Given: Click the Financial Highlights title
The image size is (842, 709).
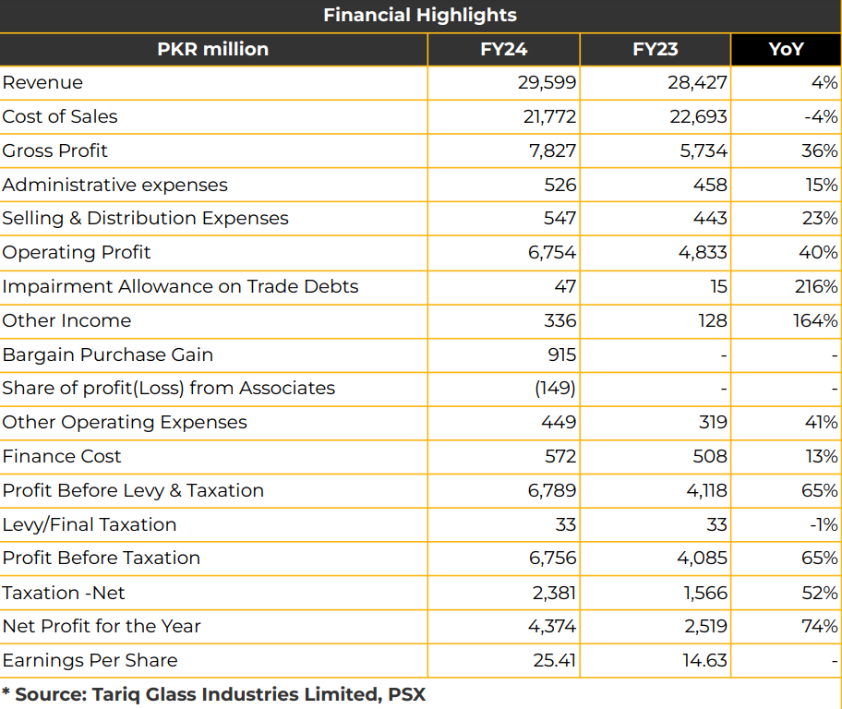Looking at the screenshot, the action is tap(420, 15).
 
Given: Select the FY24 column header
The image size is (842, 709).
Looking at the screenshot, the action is tap(504, 50).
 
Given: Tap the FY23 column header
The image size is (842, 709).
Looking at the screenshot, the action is tap(656, 50).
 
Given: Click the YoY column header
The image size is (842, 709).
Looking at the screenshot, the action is tap(787, 50).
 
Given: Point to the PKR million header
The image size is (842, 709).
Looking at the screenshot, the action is tap(212, 50).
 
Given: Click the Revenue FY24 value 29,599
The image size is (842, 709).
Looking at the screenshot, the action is tap(547, 83).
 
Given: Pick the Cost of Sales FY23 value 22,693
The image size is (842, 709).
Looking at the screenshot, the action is tap(698, 116).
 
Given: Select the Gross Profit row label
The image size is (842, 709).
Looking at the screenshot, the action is tap(54, 150).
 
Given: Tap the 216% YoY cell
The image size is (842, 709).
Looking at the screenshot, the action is tap(816, 286).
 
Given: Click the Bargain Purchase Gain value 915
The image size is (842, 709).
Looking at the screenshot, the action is tap(561, 354).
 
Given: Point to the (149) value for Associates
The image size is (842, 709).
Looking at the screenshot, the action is tap(555, 389).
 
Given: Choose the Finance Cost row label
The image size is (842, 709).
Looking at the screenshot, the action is tap(62, 457).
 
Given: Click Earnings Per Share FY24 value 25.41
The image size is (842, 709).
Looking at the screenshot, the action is tap(554, 660).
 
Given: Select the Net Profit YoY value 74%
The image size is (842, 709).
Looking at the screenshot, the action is tap(820, 626).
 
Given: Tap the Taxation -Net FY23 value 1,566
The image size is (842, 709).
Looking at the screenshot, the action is tap(705, 593).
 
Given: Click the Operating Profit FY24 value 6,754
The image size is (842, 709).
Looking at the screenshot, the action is tap(552, 252).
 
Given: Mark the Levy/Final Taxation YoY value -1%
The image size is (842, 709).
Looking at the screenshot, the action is tap(824, 524).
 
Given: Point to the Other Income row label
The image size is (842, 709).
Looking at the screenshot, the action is tap(66, 320).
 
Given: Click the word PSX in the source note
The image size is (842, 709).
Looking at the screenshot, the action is tap(407, 694).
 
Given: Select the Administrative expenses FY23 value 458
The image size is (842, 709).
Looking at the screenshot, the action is tap(710, 185).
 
